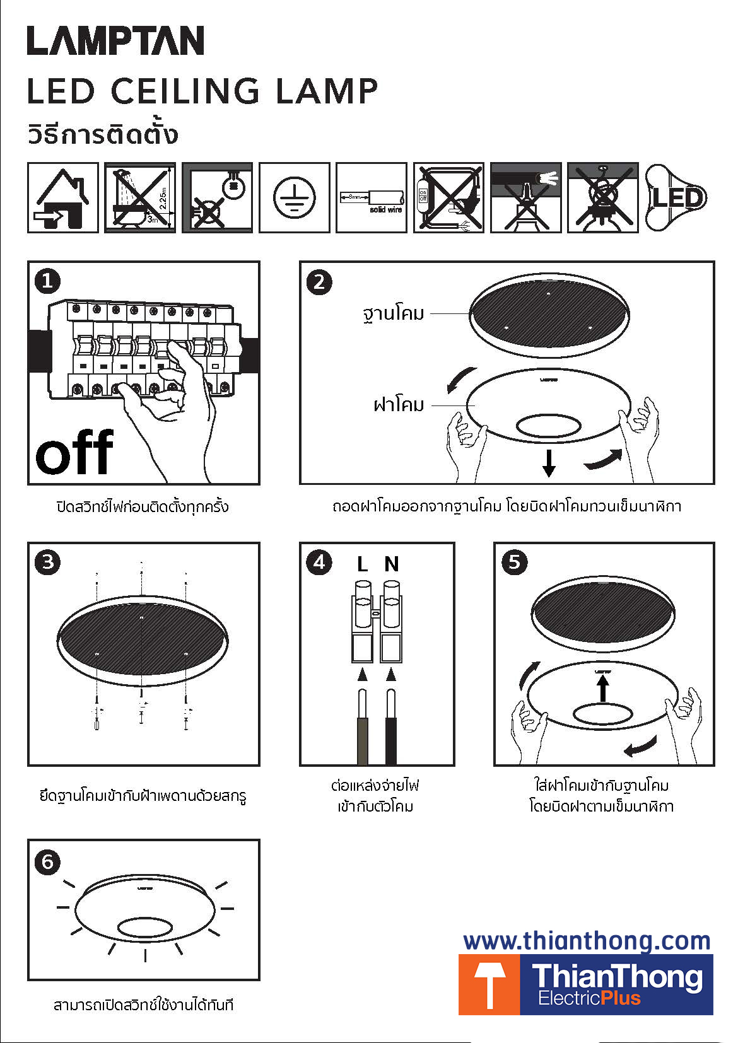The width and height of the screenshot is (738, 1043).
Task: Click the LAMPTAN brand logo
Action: pos(115,41)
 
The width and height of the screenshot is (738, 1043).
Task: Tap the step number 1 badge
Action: pos(48,281)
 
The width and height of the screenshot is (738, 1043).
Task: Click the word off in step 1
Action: pos(74,452)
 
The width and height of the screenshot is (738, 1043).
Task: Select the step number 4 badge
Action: pos(319,561)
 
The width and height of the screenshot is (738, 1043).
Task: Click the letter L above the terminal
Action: pos(362,564)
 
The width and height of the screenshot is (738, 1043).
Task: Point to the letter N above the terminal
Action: pos(391,564)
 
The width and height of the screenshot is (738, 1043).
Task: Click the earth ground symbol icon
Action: pos(294,197)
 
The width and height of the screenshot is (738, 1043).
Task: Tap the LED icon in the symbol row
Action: pos(676,197)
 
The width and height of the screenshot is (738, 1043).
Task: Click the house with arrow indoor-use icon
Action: pos(63,197)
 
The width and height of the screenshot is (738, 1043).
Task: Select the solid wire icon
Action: pos(371,197)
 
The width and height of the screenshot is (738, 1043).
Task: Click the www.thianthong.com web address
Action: pos(587,941)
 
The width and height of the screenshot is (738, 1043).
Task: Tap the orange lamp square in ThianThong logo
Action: pos(489,984)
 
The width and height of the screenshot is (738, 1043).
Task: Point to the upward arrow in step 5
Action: pos(603,687)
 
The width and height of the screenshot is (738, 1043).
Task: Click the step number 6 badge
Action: pos(48,861)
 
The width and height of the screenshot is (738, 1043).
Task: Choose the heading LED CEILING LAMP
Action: pos(202,91)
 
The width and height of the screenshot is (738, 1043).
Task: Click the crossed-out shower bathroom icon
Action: pos(140,197)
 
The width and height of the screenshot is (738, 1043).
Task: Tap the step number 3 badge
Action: pos(48,561)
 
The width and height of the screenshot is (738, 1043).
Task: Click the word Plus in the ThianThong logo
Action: pos(621,998)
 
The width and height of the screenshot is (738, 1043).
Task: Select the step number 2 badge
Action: pos(319,282)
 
